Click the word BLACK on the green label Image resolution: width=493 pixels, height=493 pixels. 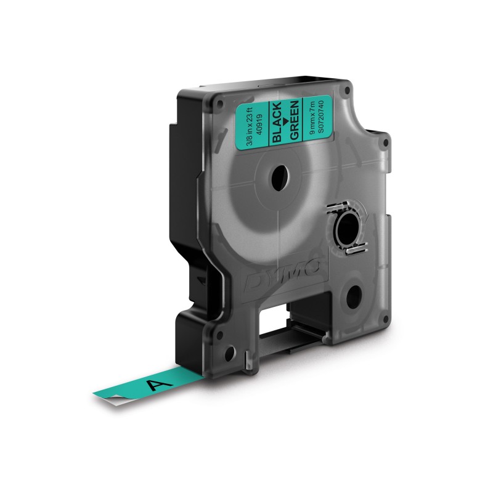pos(277,122)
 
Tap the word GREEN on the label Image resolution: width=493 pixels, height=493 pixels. pos(294,120)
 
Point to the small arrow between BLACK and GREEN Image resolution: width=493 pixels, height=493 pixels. pos(285,121)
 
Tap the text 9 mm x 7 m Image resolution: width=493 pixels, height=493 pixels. pos(311,118)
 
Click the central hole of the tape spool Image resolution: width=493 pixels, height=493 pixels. pos(280,177)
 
